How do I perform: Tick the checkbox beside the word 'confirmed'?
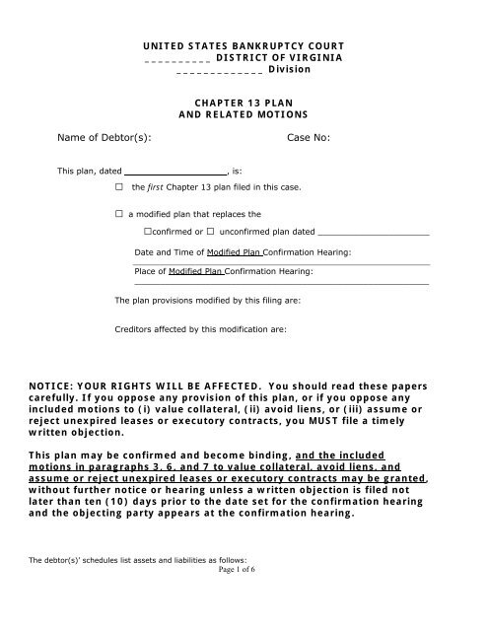(148, 233)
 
